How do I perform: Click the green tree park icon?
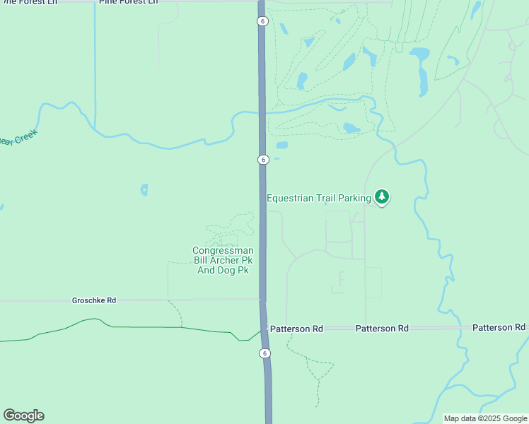click(x=382, y=196)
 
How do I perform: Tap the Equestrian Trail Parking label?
click(x=318, y=198)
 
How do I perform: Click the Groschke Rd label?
click(x=94, y=300)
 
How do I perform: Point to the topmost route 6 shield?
click(x=262, y=21)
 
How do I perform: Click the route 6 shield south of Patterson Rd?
click(x=264, y=353)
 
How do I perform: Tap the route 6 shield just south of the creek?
click(x=262, y=160)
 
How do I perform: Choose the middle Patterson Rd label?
click(x=382, y=329)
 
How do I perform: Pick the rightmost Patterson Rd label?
click(x=499, y=327)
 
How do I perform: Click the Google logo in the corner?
click(x=23, y=416)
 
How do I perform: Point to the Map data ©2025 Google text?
click(x=485, y=418)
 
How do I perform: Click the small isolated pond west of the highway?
click(x=144, y=189)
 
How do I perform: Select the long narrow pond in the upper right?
click(x=423, y=80)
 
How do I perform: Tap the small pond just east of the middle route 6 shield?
click(x=281, y=146)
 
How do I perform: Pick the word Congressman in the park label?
click(x=223, y=251)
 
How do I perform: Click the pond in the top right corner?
click(x=476, y=8)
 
